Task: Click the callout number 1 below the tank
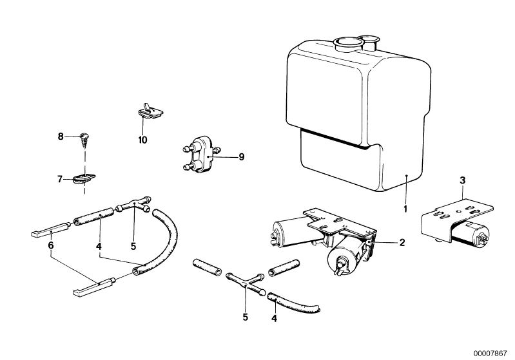[405, 209]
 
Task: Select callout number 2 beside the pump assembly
[402, 243]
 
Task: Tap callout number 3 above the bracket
[462, 180]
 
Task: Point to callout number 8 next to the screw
[61, 136]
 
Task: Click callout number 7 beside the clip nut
[60, 179]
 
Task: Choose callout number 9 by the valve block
[242, 157]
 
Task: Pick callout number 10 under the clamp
[142, 140]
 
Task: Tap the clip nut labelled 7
[84, 179]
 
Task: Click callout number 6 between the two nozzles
[50, 245]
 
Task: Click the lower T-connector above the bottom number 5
[246, 283]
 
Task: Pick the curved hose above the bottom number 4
[293, 303]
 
